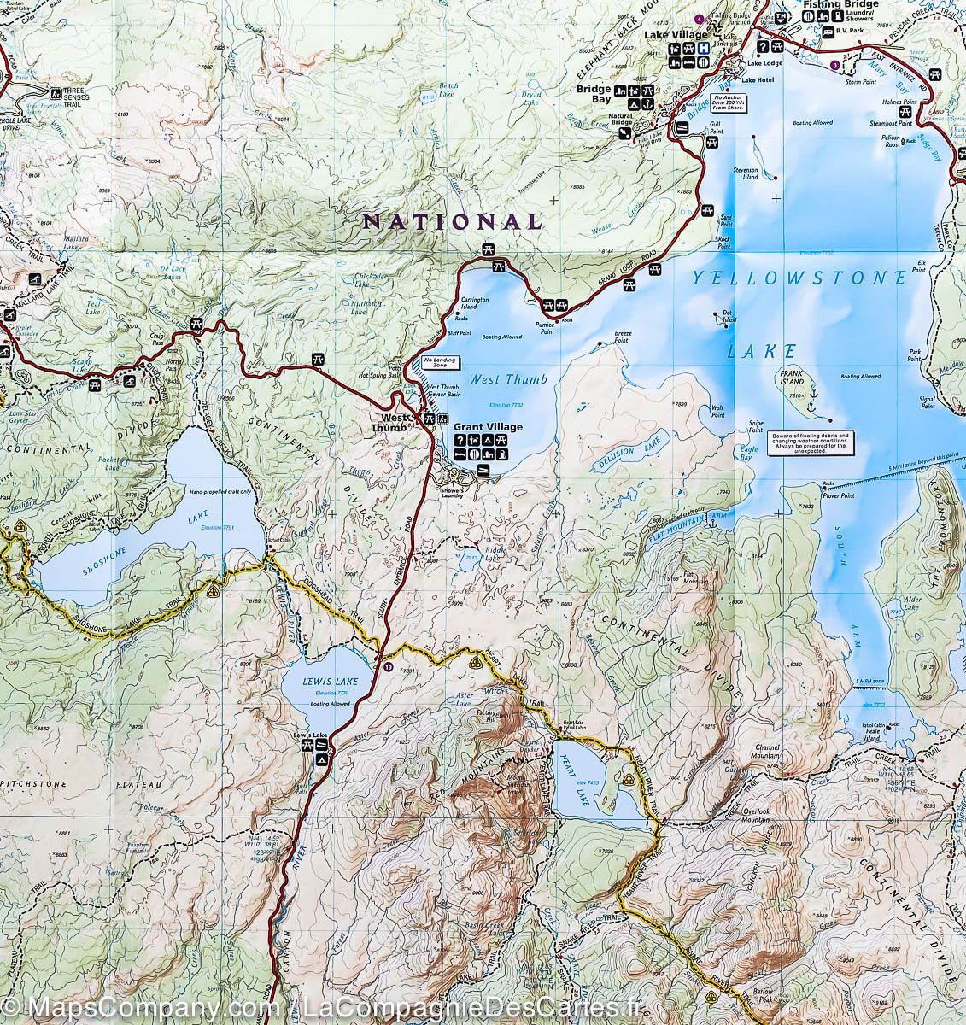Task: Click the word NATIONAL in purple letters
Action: (x=453, y=221)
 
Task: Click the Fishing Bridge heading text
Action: (x=838, y=5)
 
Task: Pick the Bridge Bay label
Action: (x=594, y=93)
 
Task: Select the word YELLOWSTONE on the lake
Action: (x=799, y=278)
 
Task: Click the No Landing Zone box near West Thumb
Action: (x=439, y=362)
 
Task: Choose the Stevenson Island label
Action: (x=746, y=174)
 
